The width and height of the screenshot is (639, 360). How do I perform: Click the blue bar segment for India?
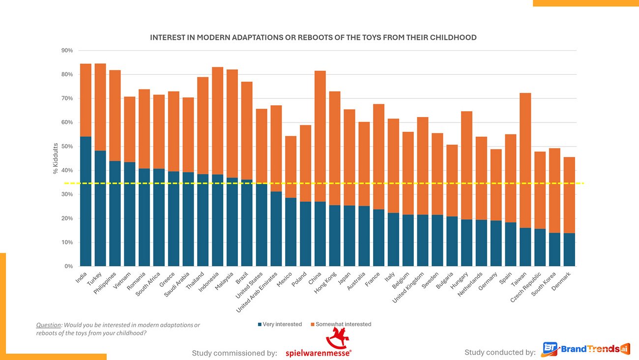tap(86, 202)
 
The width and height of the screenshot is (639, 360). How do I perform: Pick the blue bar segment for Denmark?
tap(569, 249)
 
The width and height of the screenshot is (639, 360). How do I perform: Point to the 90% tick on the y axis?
tap(67, 51)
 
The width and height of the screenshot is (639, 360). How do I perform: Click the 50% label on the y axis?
tap(67, 147)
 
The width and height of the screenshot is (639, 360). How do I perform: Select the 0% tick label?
tap(68, 267)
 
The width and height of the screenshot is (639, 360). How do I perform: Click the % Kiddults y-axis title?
tap(56, 158)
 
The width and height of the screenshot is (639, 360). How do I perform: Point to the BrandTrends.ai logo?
tap(585, 349)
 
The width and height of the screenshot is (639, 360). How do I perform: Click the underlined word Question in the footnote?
tap(49, 325)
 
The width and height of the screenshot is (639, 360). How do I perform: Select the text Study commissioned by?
tap(234, 353)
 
